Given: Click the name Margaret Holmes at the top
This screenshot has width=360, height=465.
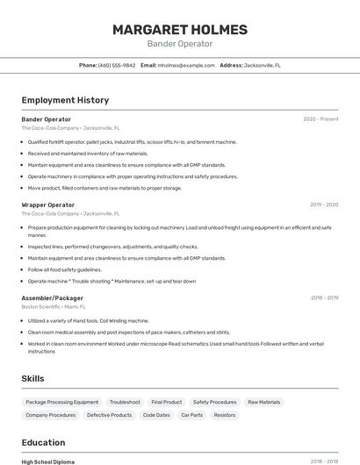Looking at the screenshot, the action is click(x=179, y=30).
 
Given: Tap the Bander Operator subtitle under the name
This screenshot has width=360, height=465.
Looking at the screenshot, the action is click(x=179, y=44).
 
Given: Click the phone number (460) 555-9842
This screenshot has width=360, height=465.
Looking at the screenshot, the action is click(x=117, y=65).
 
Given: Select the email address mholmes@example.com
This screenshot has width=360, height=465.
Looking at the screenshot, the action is click(x=185, y=65).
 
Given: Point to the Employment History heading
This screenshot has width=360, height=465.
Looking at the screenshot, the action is click(x=65, y=100).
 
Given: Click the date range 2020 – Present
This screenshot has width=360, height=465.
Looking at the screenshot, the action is click(x=320, y=118).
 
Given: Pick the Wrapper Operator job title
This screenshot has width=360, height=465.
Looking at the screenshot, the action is click(x=48, y=204).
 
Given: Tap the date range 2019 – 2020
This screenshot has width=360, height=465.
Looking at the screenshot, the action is click(x=324, y=204).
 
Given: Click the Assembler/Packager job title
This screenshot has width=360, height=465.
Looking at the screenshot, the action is click(x=53, y=298).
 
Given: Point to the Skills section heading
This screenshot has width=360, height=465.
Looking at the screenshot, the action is click(x=33, y=378).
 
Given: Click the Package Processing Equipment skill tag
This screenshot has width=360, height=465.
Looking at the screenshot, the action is click(x=62, y=402).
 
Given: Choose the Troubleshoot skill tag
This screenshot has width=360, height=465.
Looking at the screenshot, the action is click(x=125, y=402).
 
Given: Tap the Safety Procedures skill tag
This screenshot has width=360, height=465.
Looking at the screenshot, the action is click(x=214, y=402).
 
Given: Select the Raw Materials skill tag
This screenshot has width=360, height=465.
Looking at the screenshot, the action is click(x=264, y=402).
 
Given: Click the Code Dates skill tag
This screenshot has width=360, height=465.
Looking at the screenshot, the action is click(x=156, y=415).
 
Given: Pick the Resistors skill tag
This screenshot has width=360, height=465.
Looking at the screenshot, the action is click(x=225, y=415).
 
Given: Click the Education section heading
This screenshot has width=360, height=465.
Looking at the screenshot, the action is click(x=43, y=442).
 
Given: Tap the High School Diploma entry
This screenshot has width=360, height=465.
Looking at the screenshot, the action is click(x=48, y=461).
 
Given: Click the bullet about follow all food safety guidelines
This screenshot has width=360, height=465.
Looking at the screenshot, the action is click(x=65, y=269).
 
